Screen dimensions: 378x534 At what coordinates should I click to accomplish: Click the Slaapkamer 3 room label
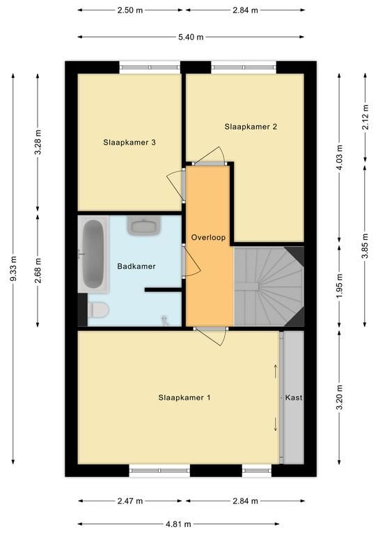129,143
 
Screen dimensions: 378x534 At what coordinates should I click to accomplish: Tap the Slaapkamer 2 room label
251,127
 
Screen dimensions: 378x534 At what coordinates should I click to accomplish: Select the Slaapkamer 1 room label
184,398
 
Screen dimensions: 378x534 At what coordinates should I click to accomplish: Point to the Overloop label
208,237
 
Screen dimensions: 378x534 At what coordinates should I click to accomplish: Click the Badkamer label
136,266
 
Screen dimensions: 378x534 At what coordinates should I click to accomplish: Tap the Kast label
294,398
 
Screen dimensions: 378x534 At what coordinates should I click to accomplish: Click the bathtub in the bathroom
93,254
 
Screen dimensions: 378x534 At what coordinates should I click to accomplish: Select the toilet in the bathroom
98,309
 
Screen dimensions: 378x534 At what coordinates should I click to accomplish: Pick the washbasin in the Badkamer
144,225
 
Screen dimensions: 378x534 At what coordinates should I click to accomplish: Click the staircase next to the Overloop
269,286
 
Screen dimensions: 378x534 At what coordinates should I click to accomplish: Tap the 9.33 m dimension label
13,268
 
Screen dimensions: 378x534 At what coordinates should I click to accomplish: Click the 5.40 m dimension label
191,37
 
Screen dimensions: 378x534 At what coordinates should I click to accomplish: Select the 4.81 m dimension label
178,524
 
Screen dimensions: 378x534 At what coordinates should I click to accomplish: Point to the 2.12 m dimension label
365,117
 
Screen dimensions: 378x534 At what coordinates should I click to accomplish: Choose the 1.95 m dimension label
339,286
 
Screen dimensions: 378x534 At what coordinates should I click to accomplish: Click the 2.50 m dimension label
130,10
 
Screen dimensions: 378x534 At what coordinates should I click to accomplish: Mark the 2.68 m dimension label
38,270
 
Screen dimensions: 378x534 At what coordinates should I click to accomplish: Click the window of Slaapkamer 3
150,67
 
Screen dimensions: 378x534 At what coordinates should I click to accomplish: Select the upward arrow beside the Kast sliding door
276,371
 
